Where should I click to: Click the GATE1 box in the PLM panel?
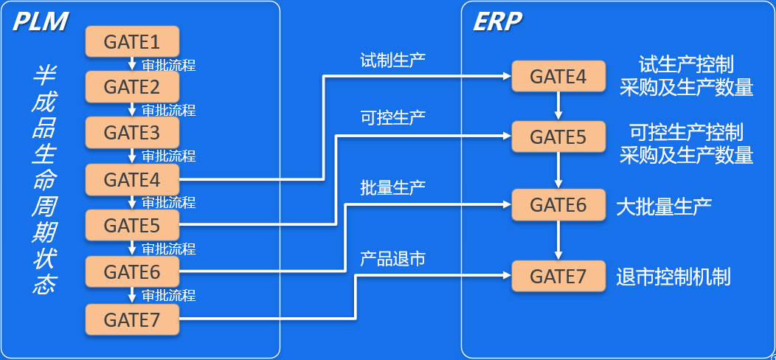coord(133,41)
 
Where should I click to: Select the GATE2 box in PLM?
coord(133,87)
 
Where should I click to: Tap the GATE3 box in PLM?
coord(133,133)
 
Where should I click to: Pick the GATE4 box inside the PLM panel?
coord(133,179)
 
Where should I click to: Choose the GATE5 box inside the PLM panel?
coord(133,226)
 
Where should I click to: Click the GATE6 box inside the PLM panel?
coord(133,272)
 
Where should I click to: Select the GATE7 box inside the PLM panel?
coord(133,319)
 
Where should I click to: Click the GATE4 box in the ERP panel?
coord(558,76)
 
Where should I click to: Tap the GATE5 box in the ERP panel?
coord(558,137)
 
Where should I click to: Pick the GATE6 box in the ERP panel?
coord(558,205)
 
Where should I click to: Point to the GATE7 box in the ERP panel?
coord(558,277)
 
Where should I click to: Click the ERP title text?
coord(496,22)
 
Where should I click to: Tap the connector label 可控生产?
coord(392,117)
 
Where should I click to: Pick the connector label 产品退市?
coord(392,259)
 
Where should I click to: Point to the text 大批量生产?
coord(664,206)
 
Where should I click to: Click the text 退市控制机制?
coord(673,277)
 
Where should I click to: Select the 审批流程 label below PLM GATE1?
coord(169,64)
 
